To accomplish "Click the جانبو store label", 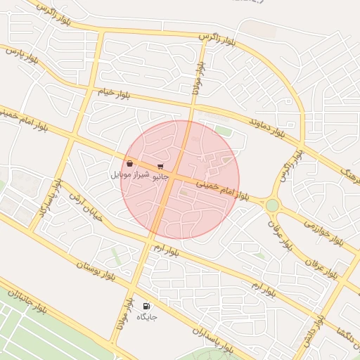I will click(161, 176).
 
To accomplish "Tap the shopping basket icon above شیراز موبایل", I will click(130, 164).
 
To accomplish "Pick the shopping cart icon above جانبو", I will click(161, 167).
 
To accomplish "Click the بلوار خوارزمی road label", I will click(323, 231).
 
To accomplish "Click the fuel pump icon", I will click(146, 306).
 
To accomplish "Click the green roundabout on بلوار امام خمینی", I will click(272, 205).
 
